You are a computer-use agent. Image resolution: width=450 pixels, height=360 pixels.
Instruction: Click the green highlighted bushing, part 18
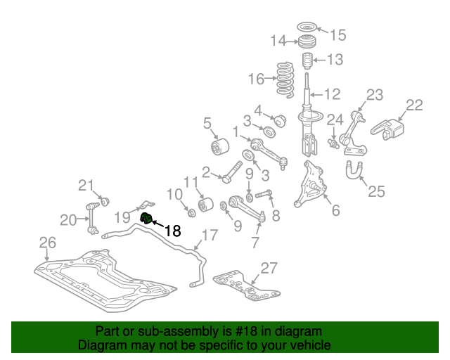click(146, 218)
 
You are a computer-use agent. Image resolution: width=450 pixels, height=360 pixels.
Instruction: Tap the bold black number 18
click(173, 230)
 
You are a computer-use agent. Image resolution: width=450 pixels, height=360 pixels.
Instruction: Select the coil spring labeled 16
click(285, 80)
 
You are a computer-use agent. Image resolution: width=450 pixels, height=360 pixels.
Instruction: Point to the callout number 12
click(333, 94)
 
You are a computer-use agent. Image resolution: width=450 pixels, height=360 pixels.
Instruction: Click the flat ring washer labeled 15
click(307, 27)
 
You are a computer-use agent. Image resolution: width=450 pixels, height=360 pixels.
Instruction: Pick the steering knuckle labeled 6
click(311, 184)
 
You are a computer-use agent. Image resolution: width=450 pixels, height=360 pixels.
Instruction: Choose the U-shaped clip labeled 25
click(354, 170)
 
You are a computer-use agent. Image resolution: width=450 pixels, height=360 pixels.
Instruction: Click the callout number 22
click(414, 105)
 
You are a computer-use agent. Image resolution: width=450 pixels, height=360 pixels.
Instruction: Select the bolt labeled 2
click(232, 172)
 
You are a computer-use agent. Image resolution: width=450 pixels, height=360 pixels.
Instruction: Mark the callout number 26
click(48, 243)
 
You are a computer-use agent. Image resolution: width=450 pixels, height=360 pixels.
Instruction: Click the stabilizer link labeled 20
click(93, 218)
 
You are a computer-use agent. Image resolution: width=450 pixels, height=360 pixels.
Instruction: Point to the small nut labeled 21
click(105, 202)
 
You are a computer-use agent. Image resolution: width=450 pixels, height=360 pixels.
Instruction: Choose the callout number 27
click(269, 269)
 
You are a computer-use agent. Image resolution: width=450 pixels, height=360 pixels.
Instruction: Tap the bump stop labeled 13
click(307, 61)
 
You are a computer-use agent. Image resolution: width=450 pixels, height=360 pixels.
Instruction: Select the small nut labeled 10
click(191, 213)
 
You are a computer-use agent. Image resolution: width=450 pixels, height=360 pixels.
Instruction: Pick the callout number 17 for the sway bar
click(210, 236)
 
